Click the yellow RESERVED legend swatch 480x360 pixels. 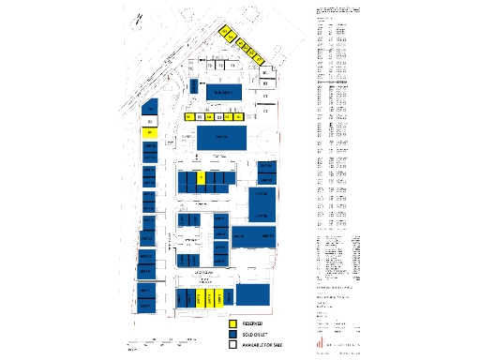233,323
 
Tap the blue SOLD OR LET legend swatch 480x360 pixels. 233,334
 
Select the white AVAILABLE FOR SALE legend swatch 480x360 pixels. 233,345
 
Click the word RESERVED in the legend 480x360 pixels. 256,323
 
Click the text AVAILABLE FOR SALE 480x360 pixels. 264,345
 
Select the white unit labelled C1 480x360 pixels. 265,96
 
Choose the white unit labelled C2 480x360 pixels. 265,112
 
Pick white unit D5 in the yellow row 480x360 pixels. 200,117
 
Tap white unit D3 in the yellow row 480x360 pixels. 218,117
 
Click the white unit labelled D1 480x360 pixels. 149,122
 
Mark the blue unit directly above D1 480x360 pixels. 149,111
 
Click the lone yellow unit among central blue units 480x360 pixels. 201,176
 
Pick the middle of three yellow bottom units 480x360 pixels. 209,297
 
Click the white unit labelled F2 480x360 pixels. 220,66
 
